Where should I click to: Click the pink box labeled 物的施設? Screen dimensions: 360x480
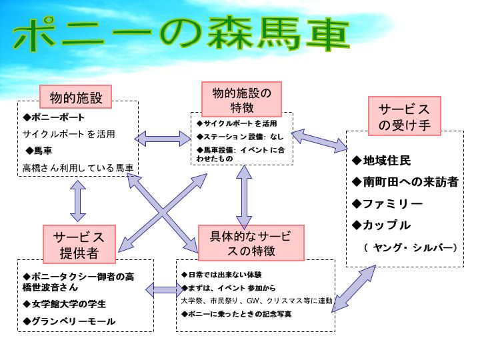point(75,98)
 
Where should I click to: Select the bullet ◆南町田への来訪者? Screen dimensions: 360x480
point(405,182)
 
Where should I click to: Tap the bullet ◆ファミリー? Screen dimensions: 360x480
point(388,203)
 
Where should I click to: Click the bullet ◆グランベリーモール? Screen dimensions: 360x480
point(69,321)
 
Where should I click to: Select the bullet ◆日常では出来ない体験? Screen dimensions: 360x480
point(221,274)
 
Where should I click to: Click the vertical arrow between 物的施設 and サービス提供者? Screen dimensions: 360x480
point(78,201)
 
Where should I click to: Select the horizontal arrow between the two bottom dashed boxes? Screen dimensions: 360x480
point(165,290)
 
